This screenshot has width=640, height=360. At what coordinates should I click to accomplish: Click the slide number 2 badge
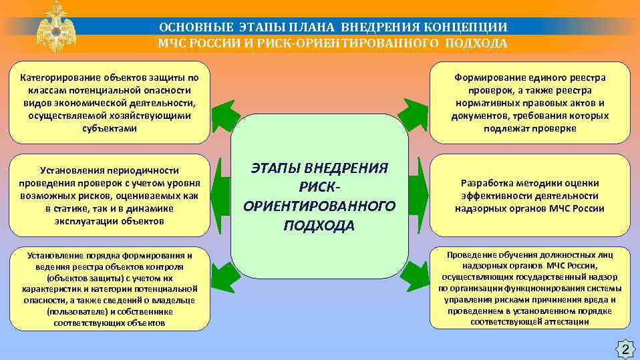click(625, 349)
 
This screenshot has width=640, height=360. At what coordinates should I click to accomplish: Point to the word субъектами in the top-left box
click(109, 128)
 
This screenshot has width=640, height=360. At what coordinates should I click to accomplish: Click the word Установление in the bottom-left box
click(57, 255)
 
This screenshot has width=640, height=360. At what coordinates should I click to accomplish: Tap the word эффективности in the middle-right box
click(494, 196)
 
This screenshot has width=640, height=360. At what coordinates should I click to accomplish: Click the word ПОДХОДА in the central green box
click(319, 225)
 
